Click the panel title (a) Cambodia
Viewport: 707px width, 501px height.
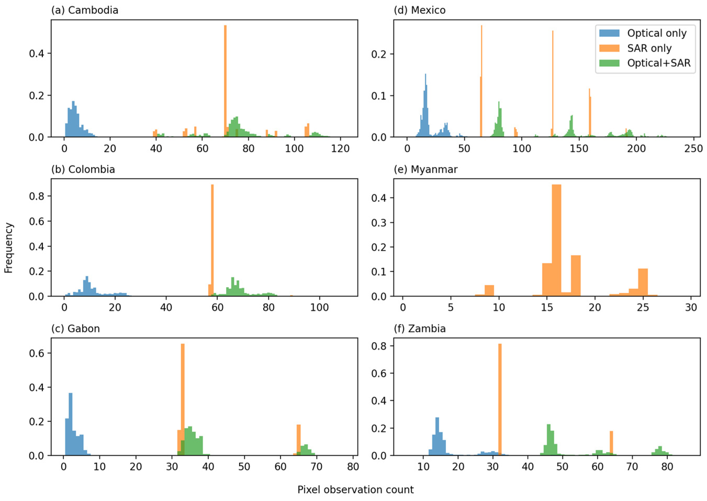(x=85, y=10)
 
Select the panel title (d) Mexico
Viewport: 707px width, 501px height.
(x=419, y=10)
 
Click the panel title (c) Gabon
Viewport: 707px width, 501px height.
(x=76, y=329)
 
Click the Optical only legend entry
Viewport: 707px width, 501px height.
(x=656, y=33)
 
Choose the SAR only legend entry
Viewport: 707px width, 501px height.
(x=649, y=48)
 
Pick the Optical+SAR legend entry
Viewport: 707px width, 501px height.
(x=658, y=63)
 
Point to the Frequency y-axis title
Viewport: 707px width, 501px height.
(x=9, y=248)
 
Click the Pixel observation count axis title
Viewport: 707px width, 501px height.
(x=355, y=489)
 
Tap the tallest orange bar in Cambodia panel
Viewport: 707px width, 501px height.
(x=225, y=80)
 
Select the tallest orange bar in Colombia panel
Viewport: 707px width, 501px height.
(x=212, y=241)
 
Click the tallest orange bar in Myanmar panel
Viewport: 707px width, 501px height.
(x=556, y=241)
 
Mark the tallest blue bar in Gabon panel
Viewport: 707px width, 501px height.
(x=71, y=424)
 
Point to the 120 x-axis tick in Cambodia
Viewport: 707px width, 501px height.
(x=340, y=149)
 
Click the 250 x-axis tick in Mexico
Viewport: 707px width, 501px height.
(x=693, y=149)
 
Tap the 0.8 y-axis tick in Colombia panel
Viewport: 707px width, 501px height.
(x=36, y=196)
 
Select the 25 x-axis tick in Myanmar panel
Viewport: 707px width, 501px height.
(x=643, y=307)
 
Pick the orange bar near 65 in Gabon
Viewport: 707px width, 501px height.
(x=298, y=440)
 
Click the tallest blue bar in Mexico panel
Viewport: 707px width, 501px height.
(x=426, y=105)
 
